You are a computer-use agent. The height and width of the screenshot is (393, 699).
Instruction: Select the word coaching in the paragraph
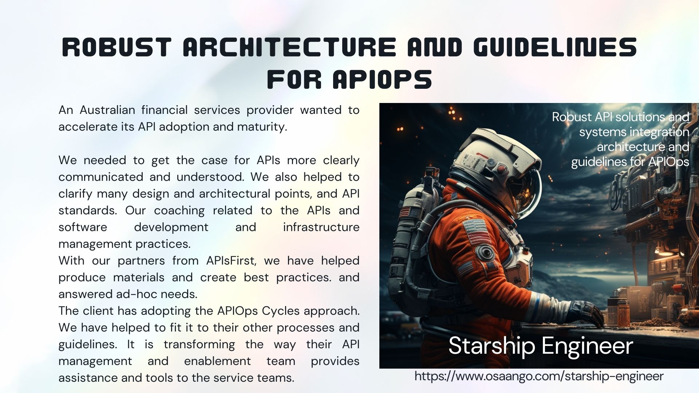[179, 211]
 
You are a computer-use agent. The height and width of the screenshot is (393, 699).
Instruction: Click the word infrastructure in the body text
[321, 227]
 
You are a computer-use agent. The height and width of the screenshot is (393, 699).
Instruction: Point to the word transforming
[199, 345]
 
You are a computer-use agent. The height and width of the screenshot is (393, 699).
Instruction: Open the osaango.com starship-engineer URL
[539, 376]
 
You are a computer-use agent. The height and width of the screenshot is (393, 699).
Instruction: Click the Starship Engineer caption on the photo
[541, 346]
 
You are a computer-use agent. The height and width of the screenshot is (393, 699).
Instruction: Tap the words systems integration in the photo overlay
[634, 132]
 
